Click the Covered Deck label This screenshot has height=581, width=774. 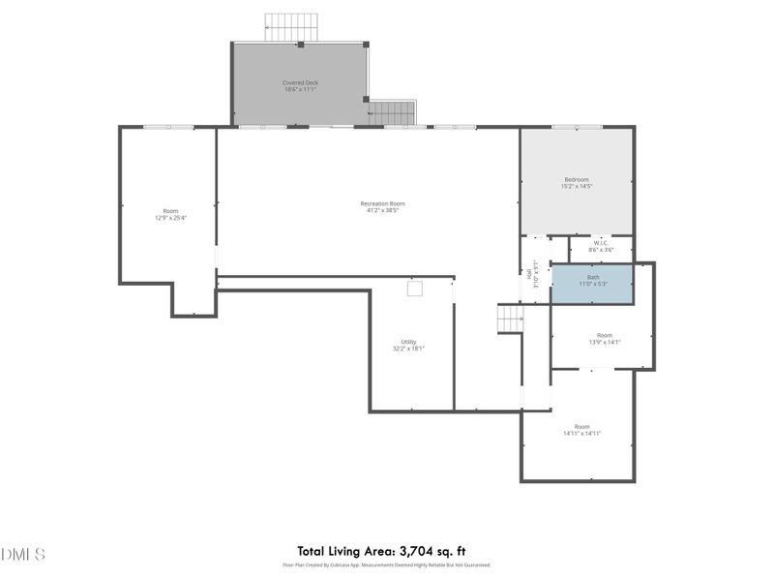[x=300, y=86]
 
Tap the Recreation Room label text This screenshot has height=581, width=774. [x=382, y=206]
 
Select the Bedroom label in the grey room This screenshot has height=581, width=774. [x=577, y=182]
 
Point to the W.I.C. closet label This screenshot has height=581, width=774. [x=601, y=247]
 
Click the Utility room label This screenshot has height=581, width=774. [x=409, y=345]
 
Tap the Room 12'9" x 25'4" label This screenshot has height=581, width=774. [x=170, y=214]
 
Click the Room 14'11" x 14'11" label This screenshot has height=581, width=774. [x=581, y=429]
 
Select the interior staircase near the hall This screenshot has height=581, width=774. [x=510, y=319]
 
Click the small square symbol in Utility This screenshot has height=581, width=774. [x=415, y=288]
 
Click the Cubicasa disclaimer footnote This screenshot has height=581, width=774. [x=387, y=565]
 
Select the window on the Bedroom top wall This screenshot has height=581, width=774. [x=577, y=127]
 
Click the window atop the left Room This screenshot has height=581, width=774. [x=168, y=127]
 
